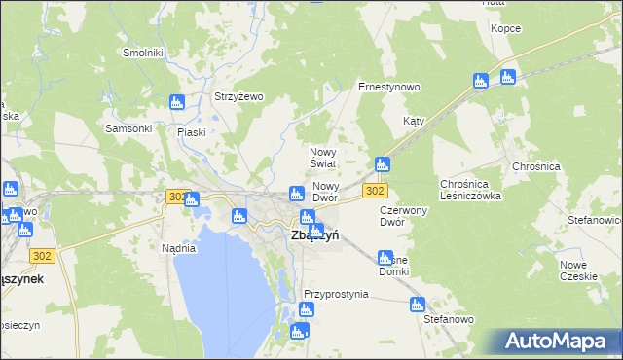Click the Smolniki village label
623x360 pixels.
(x=141, y=53)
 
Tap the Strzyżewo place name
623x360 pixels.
(x=239, y=96)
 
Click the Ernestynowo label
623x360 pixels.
(x=388, y=87)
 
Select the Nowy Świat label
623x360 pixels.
(x=323, y=158)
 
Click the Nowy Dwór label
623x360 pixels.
(x=325, y=191)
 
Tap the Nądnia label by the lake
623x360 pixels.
(x=178, y=248)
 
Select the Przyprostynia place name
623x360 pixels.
(x=336, y=294)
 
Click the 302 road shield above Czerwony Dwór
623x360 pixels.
(x=377, y=192)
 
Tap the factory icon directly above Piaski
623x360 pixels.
(x=176, y=102)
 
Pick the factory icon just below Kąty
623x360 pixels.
(x=383, y=164)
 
